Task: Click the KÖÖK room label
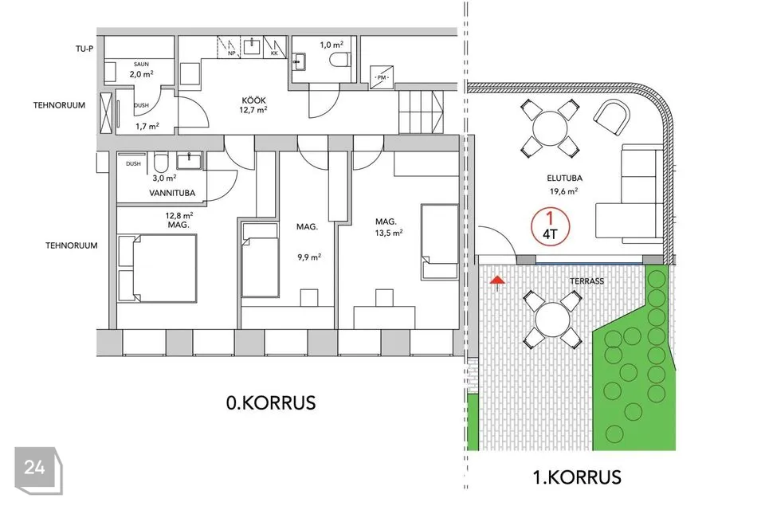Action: click(x=253, y=100)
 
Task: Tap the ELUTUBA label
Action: click(x=564, y=178)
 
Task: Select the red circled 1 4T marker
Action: click(x=550, y=226)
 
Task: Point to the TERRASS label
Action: click(x=587, y=281)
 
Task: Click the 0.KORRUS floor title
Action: click(x=271, y=402)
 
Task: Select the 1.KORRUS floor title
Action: click(x=577, y=477)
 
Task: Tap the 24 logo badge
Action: click(x=38, y=470)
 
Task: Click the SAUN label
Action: click(x=142, y=64)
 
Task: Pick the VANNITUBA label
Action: click(x=172, y=193)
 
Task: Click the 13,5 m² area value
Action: click(x=389, y=233)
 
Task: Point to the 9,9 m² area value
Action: click(x=309, y=257)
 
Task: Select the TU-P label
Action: click(x=84, y=49)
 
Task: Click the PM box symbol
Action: click(x=381, y=77)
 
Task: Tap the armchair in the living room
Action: click(x=612, y=118)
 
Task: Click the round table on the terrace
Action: click(x=552, y=320)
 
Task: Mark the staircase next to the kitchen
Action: click(x=421, y=112)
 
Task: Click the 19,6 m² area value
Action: click(x=564, y=191)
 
